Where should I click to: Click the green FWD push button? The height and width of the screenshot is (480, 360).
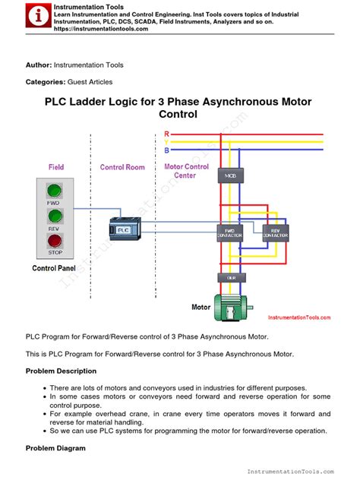pyautogui.click(x=54, y=191)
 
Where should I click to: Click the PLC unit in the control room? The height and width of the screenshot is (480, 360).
pyautogui.click(x=121, y=227)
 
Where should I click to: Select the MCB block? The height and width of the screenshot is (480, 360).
pyautogui.click(x=229, y=177)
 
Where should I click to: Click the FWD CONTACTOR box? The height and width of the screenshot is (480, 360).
pyautogui.click(x=229, y=233)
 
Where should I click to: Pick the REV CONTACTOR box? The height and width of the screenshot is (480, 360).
pyautogui.click(x=274, y=233)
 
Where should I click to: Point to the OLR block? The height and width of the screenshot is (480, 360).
pyautogui.click(x=229, y=278)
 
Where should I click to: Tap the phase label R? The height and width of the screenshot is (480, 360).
pyautogui.click(x=166, y=134)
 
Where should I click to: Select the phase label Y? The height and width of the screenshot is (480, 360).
pyautogui.click(x=166, y=142)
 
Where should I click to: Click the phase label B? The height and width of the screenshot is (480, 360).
pyautogui.click(x=166, y=150)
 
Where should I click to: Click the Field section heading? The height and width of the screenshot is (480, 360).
pyautogui.click(x=56, y=166)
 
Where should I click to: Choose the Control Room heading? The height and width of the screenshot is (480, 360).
pyautogui.click(x=122, y=166)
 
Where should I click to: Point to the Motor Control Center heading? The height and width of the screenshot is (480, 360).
pyautogui.click(x=187, y=171)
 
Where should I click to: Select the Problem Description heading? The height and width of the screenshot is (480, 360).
pyautogui.click(x=61, y=371)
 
